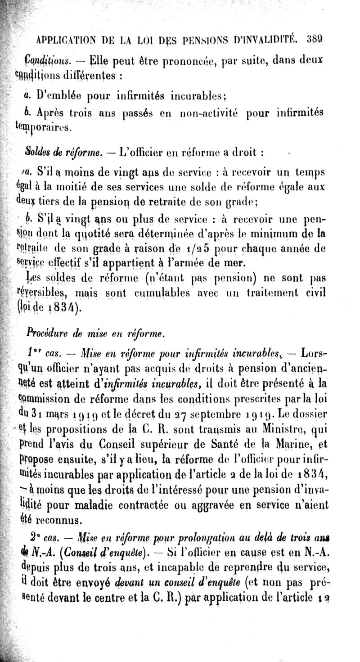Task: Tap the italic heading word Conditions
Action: [x=46, y=61]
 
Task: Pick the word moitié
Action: [x=72, y=185]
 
